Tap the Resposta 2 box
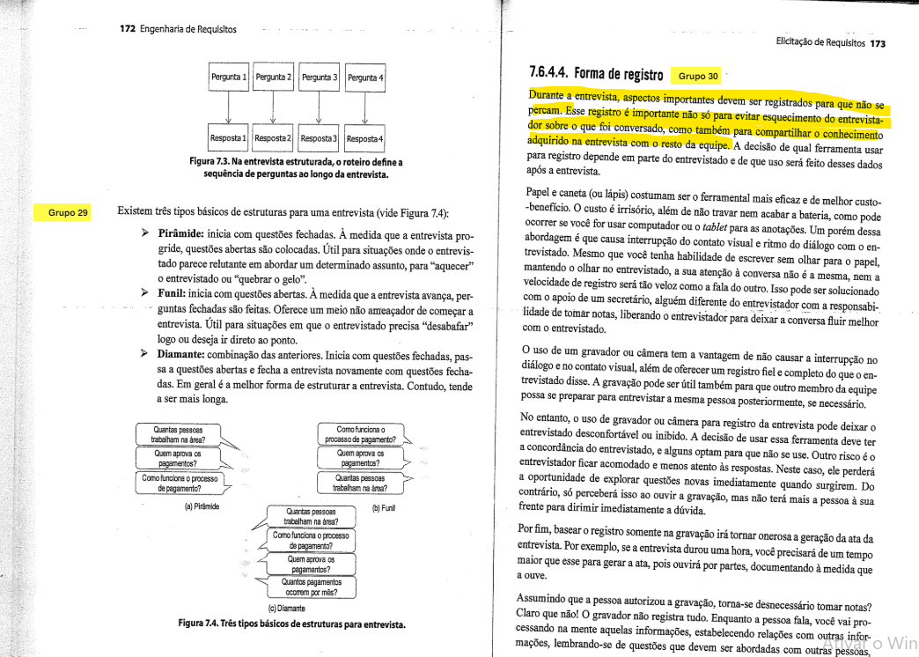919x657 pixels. [x=274, y=139]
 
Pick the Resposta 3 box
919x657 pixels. [x=320, y=139]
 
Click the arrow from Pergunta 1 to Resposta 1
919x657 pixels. [x=229, y=107]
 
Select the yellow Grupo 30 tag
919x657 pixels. [x=699, y=76]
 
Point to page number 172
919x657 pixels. [x=128, y=29]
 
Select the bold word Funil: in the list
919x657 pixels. [x=175, y=295]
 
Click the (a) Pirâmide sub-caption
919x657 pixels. [x=202, y=506]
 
